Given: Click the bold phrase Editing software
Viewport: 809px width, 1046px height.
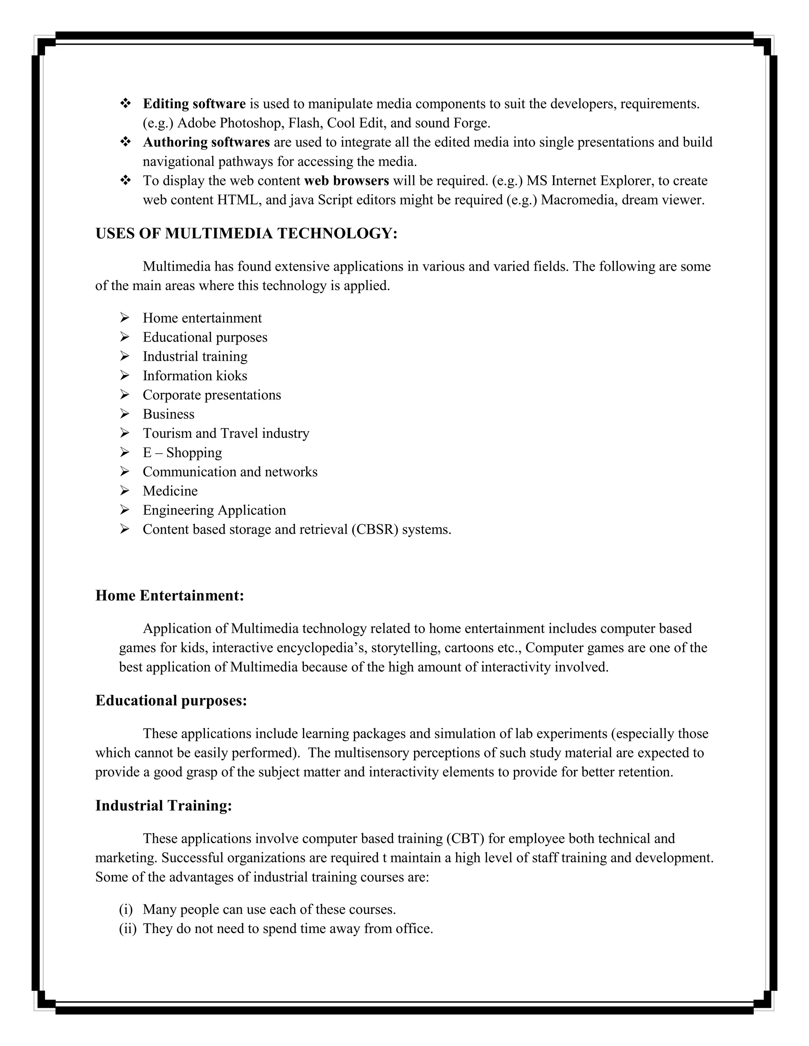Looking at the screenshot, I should point(194,104).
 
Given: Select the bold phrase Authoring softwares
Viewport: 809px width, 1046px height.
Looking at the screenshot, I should point(206,142).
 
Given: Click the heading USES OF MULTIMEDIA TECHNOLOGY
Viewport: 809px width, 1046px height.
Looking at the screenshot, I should point(246,234).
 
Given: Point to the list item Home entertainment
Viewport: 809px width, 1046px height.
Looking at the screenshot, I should point(202,318).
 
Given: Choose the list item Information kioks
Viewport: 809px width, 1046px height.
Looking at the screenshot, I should point(195,375).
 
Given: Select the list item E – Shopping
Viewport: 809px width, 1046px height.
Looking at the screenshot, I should point(182,453).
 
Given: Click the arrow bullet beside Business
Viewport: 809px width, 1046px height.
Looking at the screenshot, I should point(124,414).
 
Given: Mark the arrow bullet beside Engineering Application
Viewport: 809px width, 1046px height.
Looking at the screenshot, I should point(124,510).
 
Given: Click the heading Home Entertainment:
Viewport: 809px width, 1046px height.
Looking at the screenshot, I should point(169,596).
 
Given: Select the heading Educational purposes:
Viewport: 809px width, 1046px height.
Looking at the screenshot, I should point(171,701).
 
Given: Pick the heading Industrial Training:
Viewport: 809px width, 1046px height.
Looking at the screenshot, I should point(164,806).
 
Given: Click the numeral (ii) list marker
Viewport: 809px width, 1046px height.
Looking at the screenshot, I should point(127,929).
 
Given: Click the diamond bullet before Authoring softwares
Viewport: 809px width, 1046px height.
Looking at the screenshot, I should point(126,142).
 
